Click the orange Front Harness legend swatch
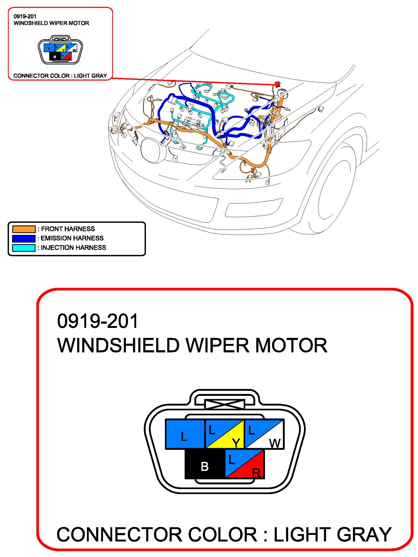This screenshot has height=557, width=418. (24, 229)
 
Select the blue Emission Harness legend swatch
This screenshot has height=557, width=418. (24, 238)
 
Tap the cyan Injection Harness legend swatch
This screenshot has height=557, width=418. (24, 248)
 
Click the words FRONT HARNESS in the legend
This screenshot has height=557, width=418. (68, 229)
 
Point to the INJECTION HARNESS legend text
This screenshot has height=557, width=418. (73, 248)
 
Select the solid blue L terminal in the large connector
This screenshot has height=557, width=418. (185, 434)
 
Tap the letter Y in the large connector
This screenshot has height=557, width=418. (236, 443)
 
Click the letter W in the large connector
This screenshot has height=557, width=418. (275, 443)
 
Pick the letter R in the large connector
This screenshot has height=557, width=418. (256, 473)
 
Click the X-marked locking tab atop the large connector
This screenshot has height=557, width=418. (224, 404)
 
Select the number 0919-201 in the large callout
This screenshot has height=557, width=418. (98, 321)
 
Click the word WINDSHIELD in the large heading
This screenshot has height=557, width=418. (118, 345)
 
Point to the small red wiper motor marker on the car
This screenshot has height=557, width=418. (277, 84)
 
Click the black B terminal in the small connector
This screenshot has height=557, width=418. (55, 57)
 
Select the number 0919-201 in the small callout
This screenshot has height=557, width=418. (25, 16)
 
